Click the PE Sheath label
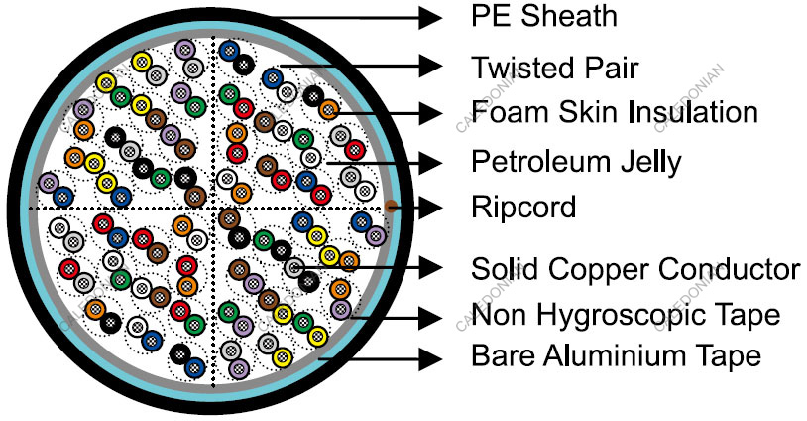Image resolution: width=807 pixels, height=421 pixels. [543, 16]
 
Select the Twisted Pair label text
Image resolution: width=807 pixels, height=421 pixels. [554, 68]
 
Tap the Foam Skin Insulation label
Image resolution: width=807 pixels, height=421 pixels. [615, 111]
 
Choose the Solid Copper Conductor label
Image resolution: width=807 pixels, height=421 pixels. [635, 268]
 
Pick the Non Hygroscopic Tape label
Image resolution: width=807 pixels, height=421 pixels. [626, 316]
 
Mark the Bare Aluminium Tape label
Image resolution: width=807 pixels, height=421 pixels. [616, 354]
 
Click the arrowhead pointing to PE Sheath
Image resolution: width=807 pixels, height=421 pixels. [429, 17]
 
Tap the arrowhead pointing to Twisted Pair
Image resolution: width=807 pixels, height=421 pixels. [429, 67]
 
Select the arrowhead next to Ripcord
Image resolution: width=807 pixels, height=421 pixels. [429, 208]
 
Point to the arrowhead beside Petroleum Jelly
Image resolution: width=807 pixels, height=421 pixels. [429, 160]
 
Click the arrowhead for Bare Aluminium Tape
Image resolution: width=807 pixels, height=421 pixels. [429, 354]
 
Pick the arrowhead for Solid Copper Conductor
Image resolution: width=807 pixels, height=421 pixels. [429, 267]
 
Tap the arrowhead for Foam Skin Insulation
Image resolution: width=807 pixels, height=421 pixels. [429, 111]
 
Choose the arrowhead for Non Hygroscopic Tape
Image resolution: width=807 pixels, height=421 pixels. [429, 317]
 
